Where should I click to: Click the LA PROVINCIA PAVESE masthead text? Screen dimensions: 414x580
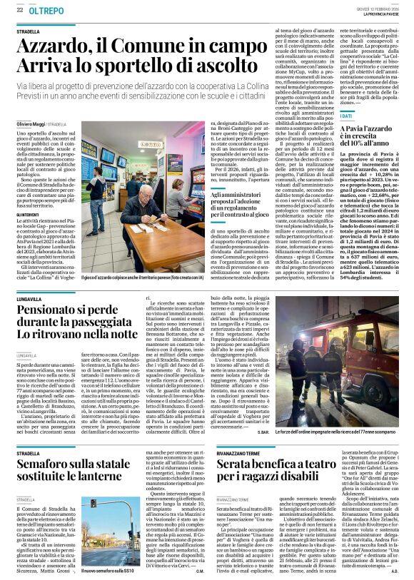click(x=379, y=15)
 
